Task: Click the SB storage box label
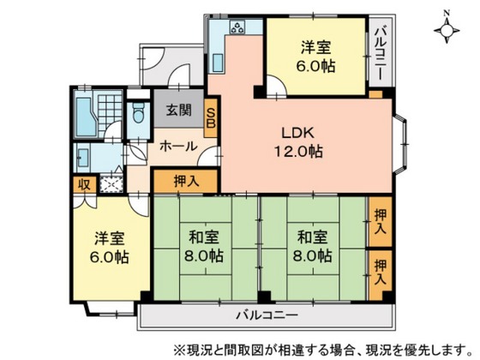[x=211, y=114]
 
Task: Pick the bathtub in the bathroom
[x=83, y=112]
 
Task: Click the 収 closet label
[x=84, y=183]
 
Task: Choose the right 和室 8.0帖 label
[x=312, y=247]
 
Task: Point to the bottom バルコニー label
[x=262, y=311]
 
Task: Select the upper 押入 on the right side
[x=380, y=221]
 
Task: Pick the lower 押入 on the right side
[x=380, y=272]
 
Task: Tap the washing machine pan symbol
[x=111, y=182]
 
